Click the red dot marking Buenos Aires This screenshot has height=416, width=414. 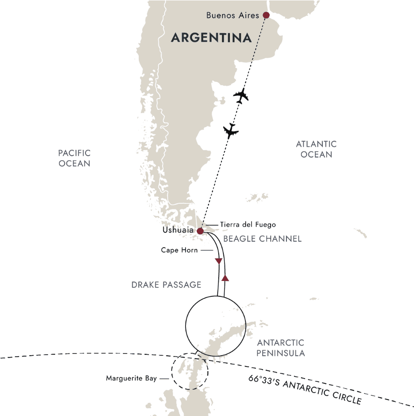pyautogui.click(x=266, y=15)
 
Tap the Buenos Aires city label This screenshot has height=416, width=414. pyautogui.click(x=232, y=15)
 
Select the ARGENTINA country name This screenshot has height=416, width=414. pyautogui.click(x=212, y=38)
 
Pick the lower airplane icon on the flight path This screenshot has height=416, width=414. pyautogui.click(x=230, y=131)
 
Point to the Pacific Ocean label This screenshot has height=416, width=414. pyautogui.click(x=74, y=158)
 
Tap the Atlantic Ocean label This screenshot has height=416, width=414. pyautogui.click(x=316, y=149)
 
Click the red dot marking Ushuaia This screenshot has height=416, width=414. pyautogui.click(x=200, y=231)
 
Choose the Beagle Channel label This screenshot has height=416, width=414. pyautogui.click(x=263, y=239)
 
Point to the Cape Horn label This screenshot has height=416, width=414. pyautogui.click(x=179, y=250)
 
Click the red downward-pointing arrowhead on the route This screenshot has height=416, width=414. pyautogui.click(x=218, y=261)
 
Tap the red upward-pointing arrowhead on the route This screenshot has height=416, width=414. pyautogui.click(x=225, y=278)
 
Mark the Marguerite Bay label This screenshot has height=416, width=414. pyautogui.click(x=132, y=378)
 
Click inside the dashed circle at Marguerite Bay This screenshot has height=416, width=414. pyautogui.click(x=190, y=371)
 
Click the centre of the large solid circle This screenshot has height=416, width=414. pyautogui.click(x=215, y=326)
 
